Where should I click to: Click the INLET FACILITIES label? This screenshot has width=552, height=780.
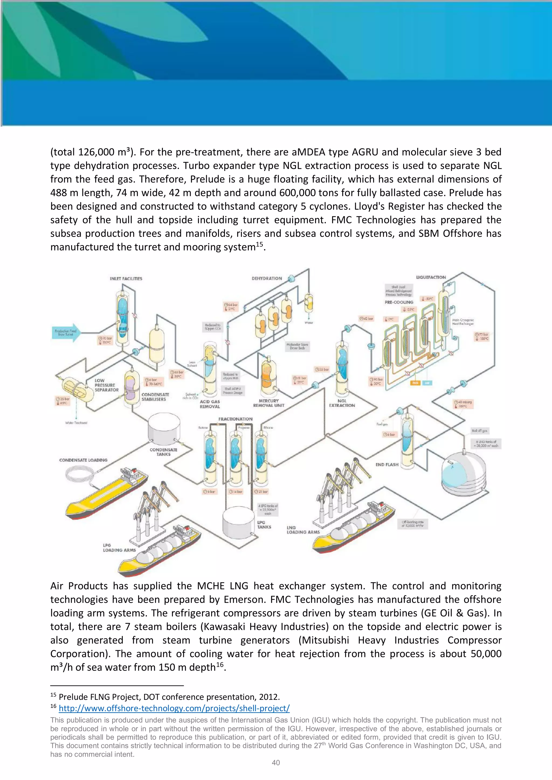coord(126,278)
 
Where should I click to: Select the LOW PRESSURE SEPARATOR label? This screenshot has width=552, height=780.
coord(106,385)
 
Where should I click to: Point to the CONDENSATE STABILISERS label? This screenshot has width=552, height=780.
coord(155,397)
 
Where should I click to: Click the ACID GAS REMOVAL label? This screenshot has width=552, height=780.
coord(210,404)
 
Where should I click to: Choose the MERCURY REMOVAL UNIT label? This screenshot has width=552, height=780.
coord(268,403)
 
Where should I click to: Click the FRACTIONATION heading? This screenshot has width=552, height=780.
coord(235,419)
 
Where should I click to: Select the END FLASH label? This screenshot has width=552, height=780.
coord(387,464)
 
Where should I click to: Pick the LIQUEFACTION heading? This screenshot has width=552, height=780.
coord(431,277)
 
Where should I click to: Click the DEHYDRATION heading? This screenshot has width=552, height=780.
coord(267,278)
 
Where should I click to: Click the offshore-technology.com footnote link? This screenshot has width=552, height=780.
coord(174,708)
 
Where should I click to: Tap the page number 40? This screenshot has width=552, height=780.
coord(276,763)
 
